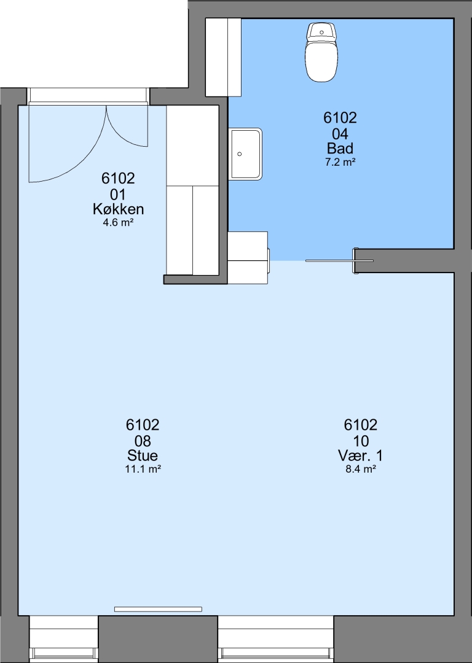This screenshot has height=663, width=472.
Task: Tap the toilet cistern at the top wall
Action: [321, 32]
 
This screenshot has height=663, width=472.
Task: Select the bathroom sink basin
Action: [245, 154]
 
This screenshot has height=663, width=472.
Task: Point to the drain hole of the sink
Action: [240, 154]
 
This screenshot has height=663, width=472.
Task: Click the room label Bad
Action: [340, 148]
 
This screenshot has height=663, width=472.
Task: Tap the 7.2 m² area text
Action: [340, 162]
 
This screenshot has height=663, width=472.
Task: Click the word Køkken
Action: [118, 209]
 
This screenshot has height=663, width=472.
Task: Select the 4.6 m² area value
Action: [118, 222]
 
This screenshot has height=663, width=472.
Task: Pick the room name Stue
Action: [143, 456]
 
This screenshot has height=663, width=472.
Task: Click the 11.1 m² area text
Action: [143, 469]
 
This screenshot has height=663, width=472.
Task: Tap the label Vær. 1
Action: [360, 456]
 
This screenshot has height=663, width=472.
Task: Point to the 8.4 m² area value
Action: [361, 469]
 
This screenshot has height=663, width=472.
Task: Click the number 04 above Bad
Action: [340, 134]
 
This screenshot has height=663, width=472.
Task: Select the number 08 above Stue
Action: [143, 441]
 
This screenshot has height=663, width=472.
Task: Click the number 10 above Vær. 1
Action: [361, 441]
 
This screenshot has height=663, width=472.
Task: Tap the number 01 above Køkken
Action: [118, 195]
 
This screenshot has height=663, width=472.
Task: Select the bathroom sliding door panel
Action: [339, 261]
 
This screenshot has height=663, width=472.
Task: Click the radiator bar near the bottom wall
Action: [158, 609]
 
